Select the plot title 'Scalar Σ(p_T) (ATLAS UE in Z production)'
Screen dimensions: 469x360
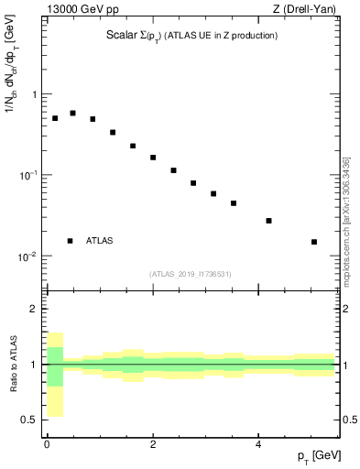pos(191,36)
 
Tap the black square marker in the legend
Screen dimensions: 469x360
pos(70,241)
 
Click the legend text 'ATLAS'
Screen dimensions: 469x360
pos(100,241)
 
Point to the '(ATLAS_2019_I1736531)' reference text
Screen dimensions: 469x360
pos(191,274)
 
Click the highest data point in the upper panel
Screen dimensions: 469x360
pos(72,114)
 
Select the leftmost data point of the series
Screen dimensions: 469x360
pos(55,118)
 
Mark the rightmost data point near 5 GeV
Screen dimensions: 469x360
pos(314,242)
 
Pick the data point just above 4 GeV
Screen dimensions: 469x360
pos(268,221)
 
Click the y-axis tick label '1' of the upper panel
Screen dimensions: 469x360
pos(35,94)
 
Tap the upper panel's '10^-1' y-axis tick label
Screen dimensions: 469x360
pos(29,174)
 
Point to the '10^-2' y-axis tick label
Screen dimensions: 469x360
pos(29,256)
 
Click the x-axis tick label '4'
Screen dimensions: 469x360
pos(258,444)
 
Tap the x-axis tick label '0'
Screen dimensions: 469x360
pos(47,444)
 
